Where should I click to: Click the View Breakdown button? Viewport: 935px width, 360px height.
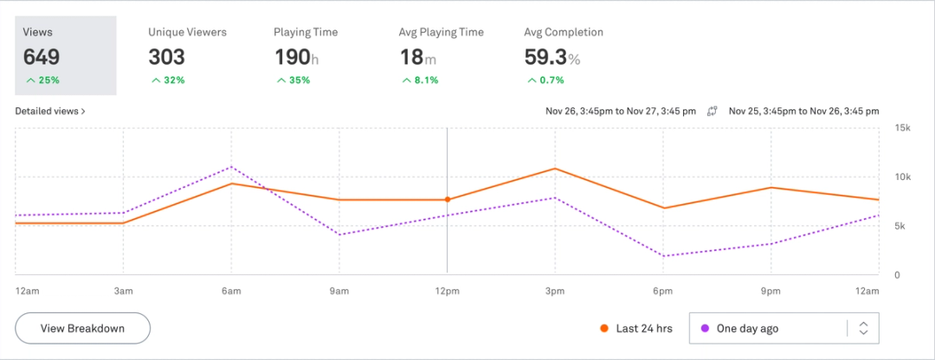[x=82, y=329]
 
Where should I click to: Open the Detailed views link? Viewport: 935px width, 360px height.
[x=49, y=112]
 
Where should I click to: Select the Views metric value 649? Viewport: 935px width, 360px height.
[x=42, y=57]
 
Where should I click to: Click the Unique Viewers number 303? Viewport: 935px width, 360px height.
[x=166, y=57]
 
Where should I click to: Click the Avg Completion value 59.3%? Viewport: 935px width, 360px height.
[x=551, y=57]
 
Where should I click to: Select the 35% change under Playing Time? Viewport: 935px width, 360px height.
[x=293, y=80]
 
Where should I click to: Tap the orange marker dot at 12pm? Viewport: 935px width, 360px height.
[x=448, y=200]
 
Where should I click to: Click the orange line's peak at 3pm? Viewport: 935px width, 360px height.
[x=555, y=169]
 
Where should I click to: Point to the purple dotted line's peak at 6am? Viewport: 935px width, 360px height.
[x=231, y=167]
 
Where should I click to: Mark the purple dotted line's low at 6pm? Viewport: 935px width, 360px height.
[x=663, y=256]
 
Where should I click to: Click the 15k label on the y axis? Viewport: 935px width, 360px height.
[x=902, y=128]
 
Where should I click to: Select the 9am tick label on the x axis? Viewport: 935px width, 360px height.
[x=339, y=291]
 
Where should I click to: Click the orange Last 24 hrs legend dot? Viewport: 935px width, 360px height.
[x=603, y=329]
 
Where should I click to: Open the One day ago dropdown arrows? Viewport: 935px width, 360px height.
[x=862, y=329]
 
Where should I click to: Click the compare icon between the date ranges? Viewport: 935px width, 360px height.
[x=713, y=112]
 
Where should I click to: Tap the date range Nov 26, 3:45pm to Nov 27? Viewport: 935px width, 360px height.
[x=620, y=112]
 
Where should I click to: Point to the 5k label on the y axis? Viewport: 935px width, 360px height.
[x=900, y=227]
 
